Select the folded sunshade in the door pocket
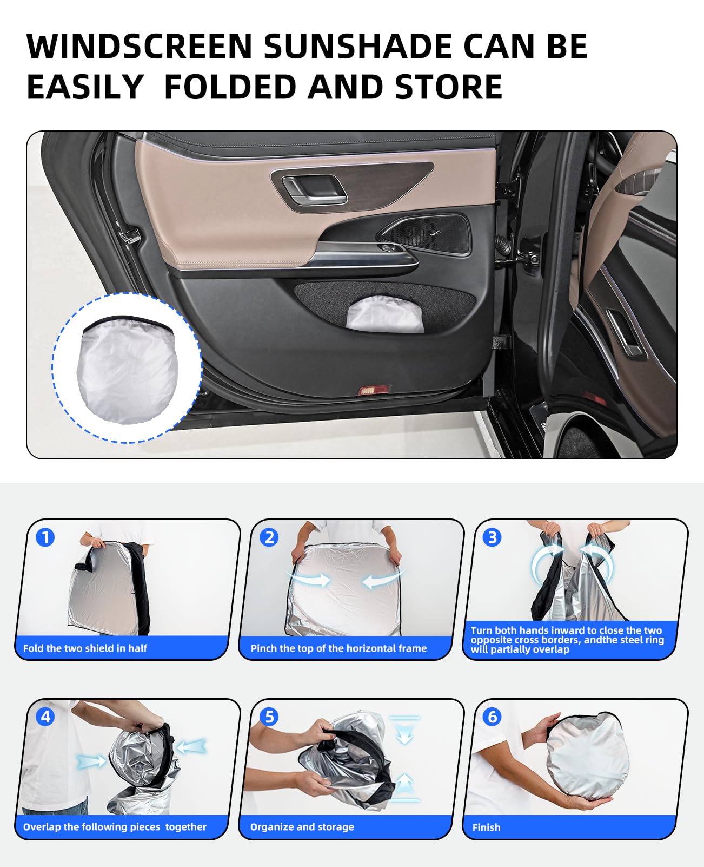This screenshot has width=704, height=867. click(384, 314)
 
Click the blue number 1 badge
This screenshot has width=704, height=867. click(45, 537)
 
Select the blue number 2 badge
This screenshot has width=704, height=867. click(269, 537)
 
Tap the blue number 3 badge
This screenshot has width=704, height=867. click(492, 537)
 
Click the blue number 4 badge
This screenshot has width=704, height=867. click(45, 717)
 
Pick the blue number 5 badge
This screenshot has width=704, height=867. click(269, 717)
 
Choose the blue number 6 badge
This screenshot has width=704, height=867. click(492, 717)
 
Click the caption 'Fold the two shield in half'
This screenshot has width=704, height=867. click(85, 648)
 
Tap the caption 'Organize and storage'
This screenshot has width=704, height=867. click(302, 827)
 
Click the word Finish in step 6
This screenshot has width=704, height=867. click(486, 827)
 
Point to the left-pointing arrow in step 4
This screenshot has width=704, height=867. click(191, 746)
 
